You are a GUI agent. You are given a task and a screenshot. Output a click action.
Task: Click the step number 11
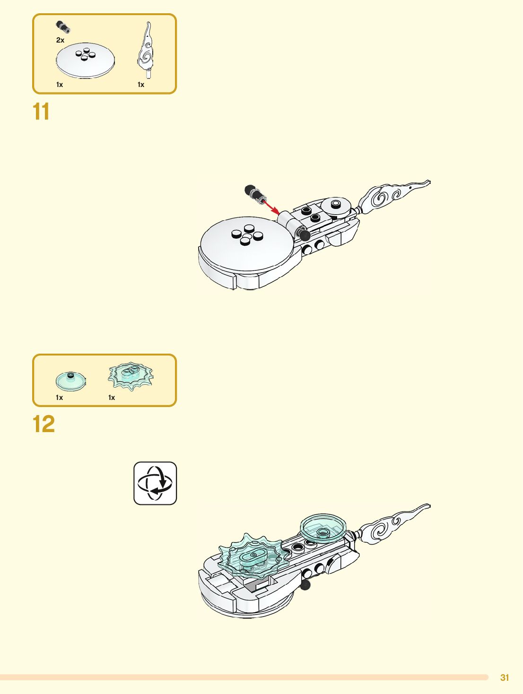[41, 112]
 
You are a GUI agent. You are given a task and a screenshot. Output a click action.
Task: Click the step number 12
[44, 424]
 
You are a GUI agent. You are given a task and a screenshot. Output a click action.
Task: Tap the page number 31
[505, 677]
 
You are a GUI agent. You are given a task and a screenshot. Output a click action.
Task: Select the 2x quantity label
[60, 40]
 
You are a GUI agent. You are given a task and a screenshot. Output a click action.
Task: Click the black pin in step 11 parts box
[63, 26]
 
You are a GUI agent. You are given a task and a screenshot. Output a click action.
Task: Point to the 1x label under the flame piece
[141, 85]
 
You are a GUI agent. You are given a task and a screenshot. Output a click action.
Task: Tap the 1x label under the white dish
[60, 85]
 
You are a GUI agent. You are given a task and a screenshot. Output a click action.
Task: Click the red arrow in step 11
[270, 206]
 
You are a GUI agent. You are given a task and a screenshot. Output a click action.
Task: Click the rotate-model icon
[155, 483]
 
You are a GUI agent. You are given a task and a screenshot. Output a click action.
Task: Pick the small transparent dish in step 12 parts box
[70, 381]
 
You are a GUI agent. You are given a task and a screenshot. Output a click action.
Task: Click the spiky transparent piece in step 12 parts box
[131, 376]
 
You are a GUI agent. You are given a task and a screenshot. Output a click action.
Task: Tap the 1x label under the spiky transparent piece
[112, 398]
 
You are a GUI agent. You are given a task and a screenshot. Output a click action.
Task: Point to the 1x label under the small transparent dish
[60, 398]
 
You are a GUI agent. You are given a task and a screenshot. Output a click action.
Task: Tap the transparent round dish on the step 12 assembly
[323, 527]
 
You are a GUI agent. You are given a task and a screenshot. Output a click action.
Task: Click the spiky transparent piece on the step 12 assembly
[253, 556]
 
